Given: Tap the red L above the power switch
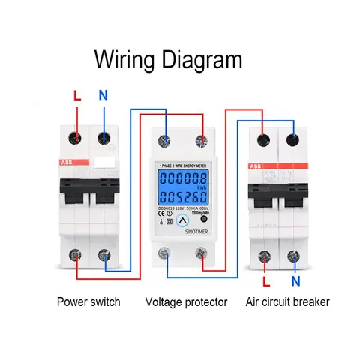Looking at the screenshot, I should [76, 96].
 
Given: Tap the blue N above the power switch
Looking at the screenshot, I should [103, 96].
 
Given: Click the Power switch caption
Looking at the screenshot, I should [88, 303].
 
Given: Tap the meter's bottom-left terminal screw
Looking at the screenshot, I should [163, 253].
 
